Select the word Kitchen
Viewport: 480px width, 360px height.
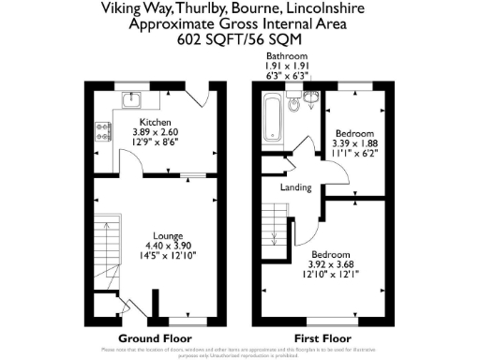[155, 123]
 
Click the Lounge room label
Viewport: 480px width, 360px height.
[169, 234]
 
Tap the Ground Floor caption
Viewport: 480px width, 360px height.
[155, 337]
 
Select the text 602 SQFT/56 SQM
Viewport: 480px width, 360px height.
[239, 40]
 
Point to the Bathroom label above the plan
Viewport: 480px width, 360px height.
[286, 57]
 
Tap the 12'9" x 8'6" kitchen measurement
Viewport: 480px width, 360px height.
[155, 143]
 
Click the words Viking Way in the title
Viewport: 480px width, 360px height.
[132, 10]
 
